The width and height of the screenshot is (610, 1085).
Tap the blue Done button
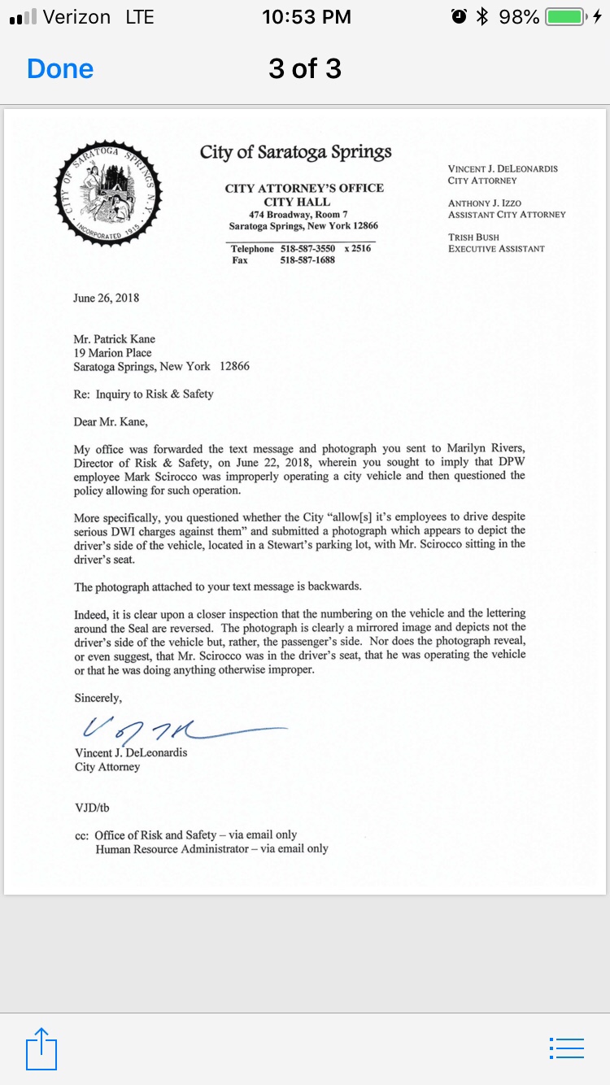point(60,69)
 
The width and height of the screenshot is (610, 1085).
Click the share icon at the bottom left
point(41,1049)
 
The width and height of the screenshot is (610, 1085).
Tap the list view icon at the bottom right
point(567,1048)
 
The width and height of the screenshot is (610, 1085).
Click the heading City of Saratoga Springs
point(296,152)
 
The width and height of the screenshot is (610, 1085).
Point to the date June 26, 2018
point(107,298)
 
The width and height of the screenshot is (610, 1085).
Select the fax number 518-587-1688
point(307,261)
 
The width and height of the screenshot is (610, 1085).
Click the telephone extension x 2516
point(357,249)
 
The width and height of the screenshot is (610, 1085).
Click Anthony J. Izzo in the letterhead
point(485,203)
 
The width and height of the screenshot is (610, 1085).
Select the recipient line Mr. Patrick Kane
point(114,339)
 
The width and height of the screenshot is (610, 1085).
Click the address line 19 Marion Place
point(112,353)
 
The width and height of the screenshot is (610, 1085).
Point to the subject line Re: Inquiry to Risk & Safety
point(143,394)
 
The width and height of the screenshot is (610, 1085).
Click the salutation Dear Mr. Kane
point(111,421)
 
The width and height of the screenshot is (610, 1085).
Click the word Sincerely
point(98,698)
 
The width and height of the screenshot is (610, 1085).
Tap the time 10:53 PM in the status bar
point(307,17)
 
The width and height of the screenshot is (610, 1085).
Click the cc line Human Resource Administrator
point(211,849)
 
